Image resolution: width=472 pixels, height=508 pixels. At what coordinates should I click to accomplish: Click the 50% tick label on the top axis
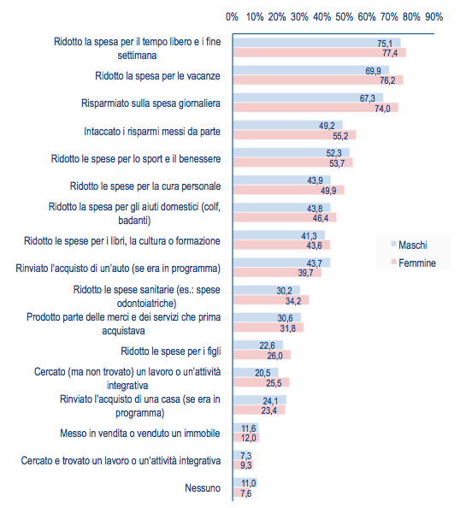click(344, 17)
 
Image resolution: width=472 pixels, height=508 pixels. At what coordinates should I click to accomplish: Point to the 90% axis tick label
click(434, 17)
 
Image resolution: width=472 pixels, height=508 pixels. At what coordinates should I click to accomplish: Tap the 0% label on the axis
click(232, 17)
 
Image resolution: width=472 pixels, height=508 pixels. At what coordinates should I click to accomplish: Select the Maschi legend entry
click(410, 245)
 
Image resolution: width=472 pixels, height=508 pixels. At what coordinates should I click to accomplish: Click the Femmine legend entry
click(413, 263)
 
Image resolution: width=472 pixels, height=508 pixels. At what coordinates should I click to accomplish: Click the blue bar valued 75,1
click(317, 43)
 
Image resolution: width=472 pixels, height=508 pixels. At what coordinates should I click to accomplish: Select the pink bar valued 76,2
click(318, 80)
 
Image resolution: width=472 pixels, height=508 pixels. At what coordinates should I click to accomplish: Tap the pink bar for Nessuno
click(242, 493)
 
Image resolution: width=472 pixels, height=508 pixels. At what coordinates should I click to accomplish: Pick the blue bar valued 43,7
click(282, 263)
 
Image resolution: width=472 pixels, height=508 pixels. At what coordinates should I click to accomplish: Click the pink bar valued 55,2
click(294, 135)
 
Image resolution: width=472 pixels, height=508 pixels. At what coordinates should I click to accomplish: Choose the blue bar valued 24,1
click(260, 400)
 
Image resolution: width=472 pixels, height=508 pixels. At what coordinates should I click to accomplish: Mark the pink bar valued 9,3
click(244, 465)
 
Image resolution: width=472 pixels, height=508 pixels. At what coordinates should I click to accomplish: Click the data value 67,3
click(368, 98)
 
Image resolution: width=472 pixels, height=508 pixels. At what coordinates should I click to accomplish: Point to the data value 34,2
click(293, 301)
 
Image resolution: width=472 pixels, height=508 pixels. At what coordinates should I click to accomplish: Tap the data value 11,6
click(249, 428)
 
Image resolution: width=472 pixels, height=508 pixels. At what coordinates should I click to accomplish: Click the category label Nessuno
click(203, 488)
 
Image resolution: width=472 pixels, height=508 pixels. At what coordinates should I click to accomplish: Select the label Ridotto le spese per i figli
click(171, 351)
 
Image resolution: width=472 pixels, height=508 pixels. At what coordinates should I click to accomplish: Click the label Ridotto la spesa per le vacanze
click(157, 76)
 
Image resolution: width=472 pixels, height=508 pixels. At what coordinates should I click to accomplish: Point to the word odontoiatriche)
click(146, 304)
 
